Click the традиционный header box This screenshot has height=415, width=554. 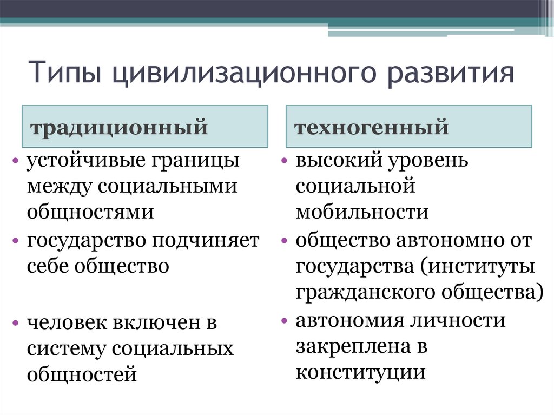pos(144,127)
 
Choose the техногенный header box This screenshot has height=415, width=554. pos(408,127)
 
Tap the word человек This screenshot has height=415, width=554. pos(65,322)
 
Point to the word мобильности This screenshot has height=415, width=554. pos(362,212)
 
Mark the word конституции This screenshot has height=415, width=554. pos(359,373)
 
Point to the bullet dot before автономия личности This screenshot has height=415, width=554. pos(284,321)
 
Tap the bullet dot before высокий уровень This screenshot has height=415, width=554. pos(284,161)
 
